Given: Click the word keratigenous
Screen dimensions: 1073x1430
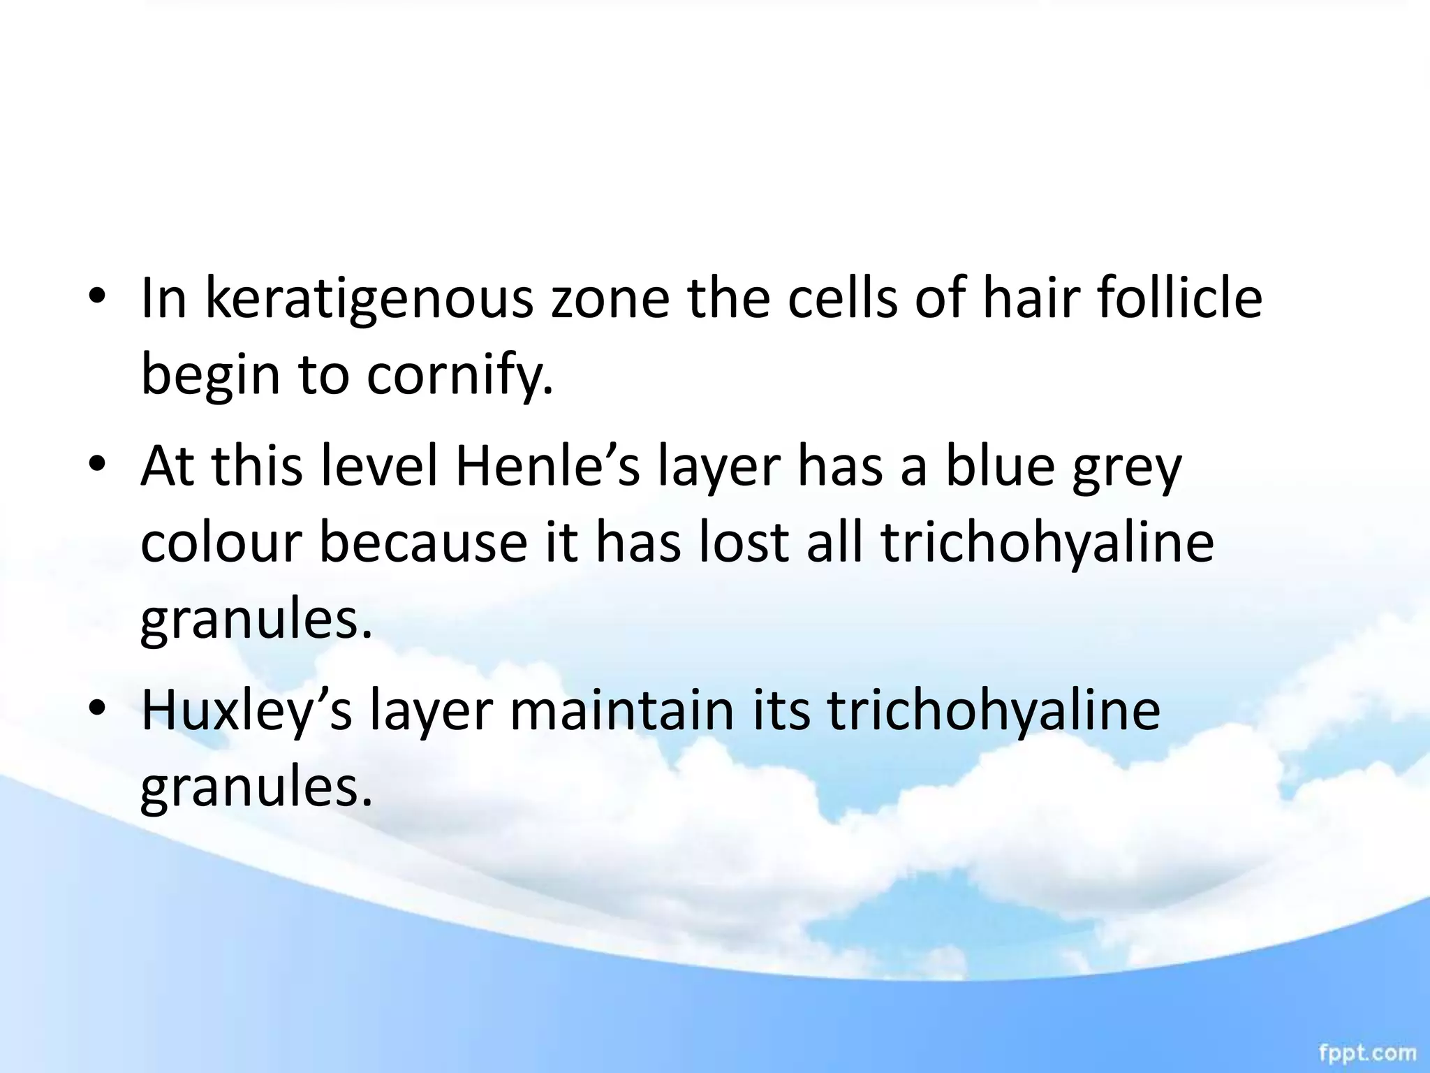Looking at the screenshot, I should [x=369, y=299].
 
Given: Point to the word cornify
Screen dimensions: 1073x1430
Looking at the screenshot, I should [x=459, y=374].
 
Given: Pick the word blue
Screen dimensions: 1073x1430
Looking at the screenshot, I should [x=1000, y=466].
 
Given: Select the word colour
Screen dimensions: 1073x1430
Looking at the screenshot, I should [x=221, y=543].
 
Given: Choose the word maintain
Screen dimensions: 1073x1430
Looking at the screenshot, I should [x=622, y=710].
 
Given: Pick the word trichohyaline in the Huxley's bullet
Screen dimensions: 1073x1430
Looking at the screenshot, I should [x=994, y=712].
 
